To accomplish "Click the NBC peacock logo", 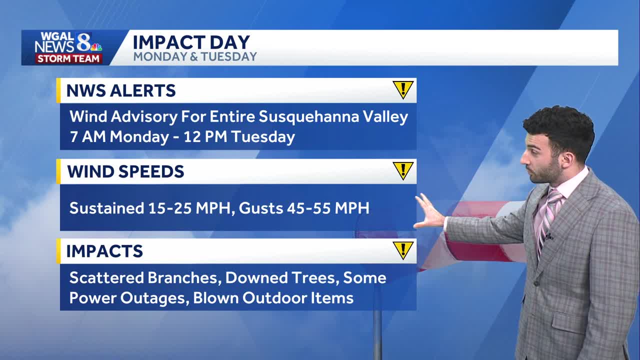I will pos(96,47).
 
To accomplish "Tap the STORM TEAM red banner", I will pos(68,59).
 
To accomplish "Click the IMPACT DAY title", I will pos(191,42).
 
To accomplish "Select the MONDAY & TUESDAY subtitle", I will pos(195,56).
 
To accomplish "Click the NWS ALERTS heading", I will pos(121,90).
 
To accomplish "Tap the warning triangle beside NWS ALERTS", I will pos(402,89).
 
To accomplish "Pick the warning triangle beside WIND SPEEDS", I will pos(402,170).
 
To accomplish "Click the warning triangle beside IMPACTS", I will pos(402,249).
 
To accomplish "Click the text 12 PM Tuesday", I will pos(239,136).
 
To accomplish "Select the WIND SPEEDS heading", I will pos(125,171).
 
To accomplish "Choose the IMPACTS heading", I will pos(104,251).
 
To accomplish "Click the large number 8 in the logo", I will pos(83,42).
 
